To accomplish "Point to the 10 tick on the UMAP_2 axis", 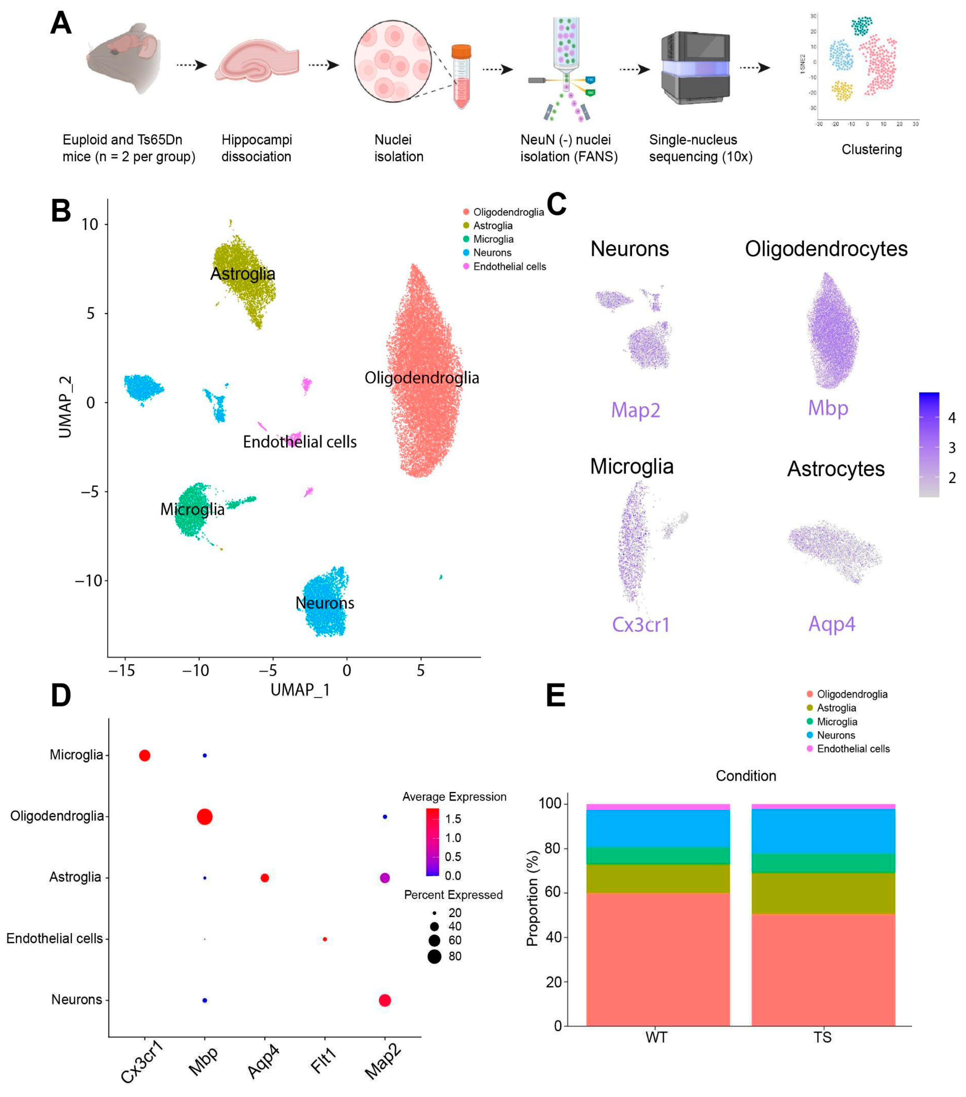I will [x=90, y=224].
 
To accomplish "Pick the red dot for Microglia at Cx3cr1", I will [x=144, y=756].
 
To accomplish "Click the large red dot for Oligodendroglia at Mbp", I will [x=204, y=817].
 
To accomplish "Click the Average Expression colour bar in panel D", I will [x=432, y=841].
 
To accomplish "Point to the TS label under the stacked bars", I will [x=822, y=1038].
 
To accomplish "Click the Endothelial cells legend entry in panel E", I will [x=853, y=749].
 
